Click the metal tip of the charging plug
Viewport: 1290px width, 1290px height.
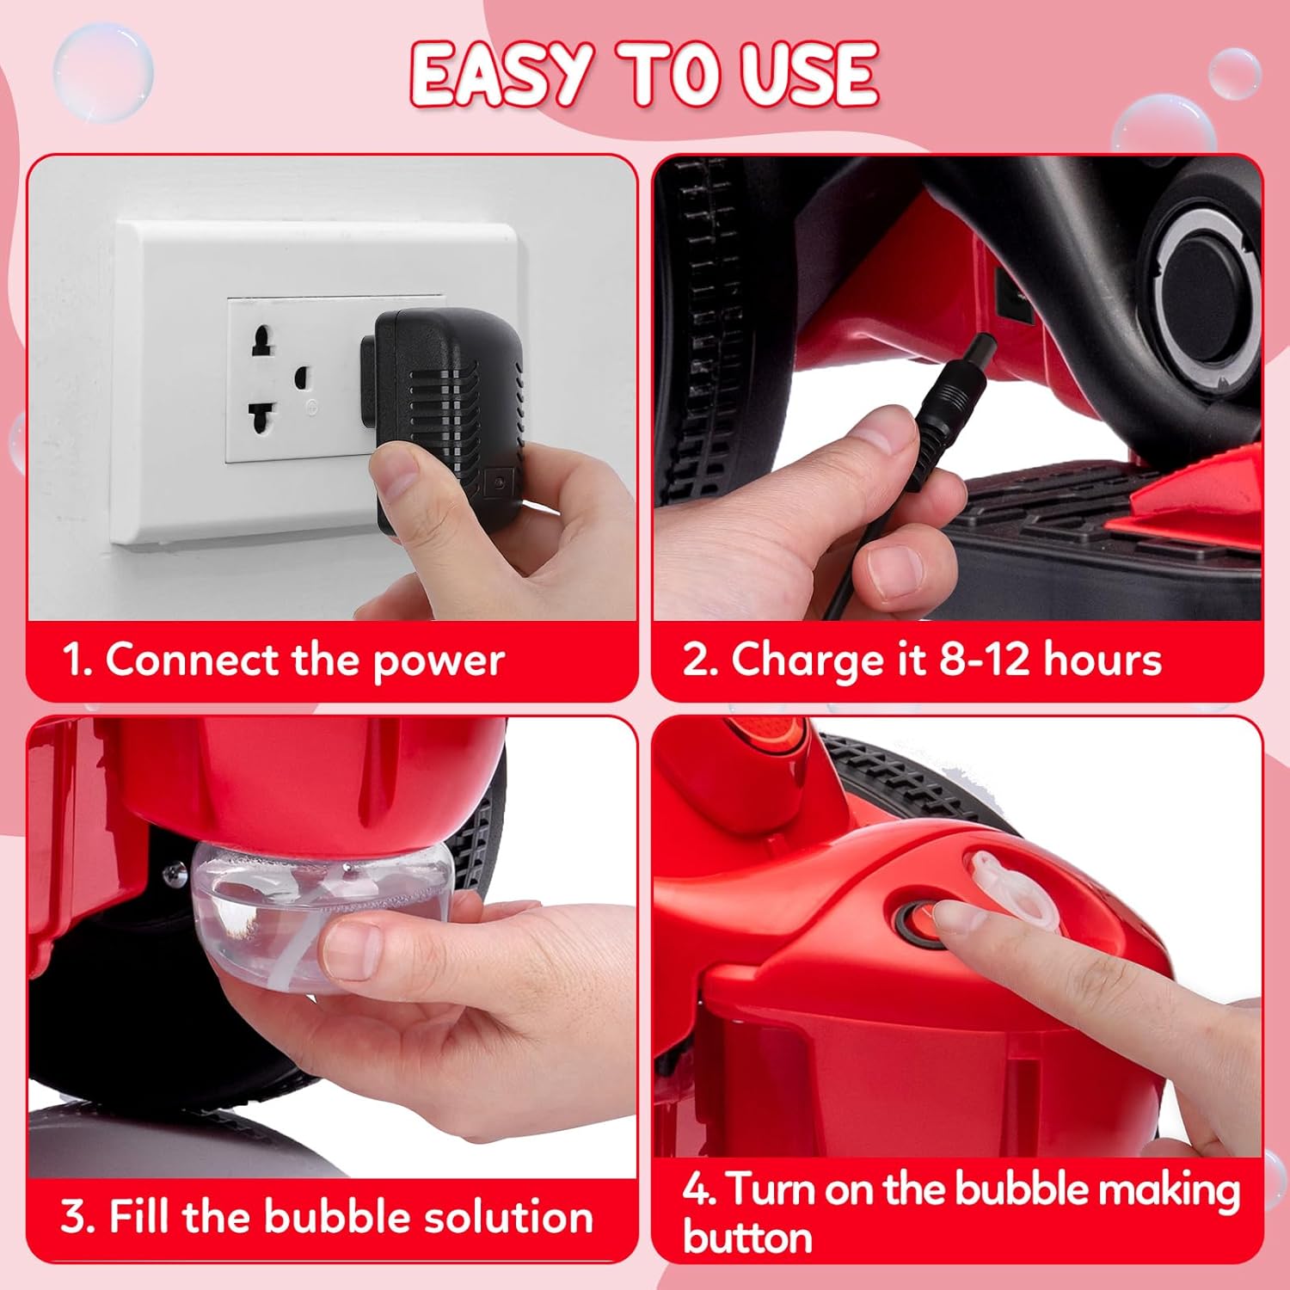pyautogui.click(x=980, y=351)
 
